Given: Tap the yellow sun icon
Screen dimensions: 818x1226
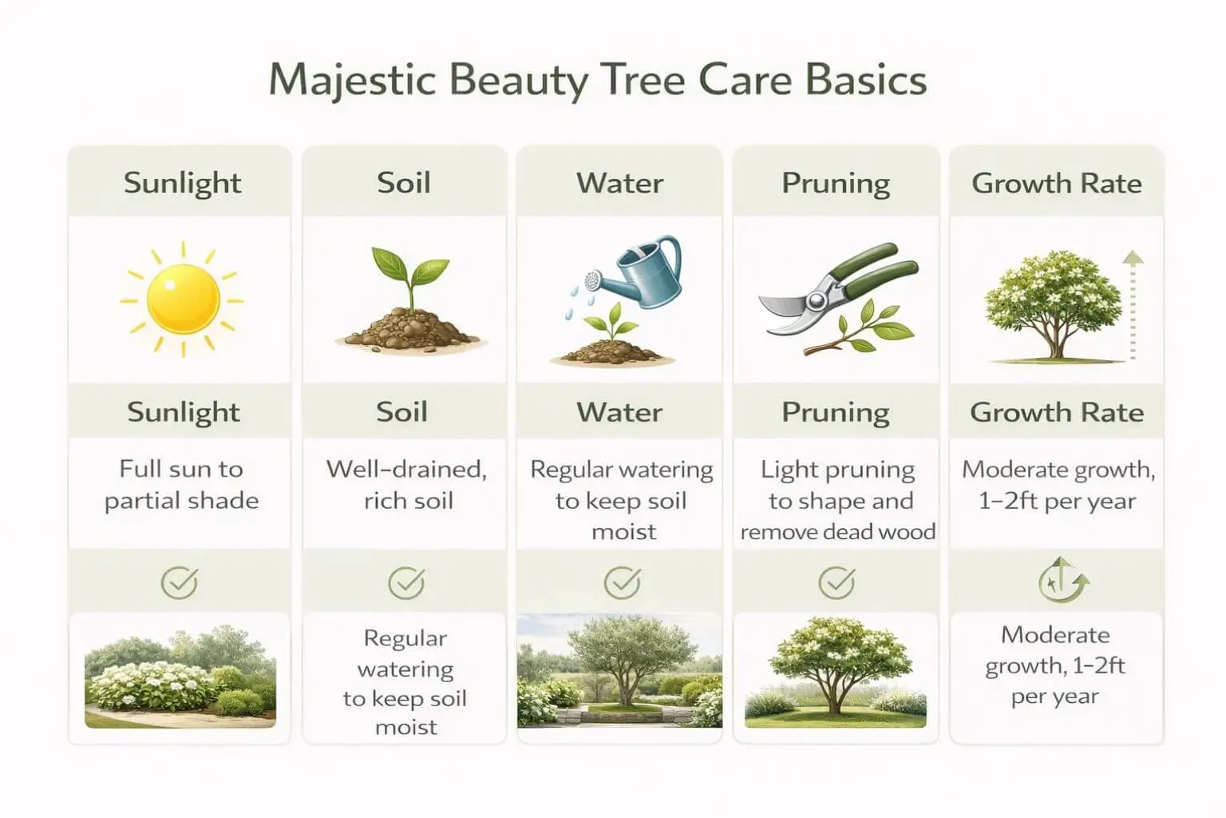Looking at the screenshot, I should [183, 300].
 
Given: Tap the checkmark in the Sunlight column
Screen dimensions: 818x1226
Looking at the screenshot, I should [180, 583].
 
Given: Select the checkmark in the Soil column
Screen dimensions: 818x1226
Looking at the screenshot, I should [406, 583].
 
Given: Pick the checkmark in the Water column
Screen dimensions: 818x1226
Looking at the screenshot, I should [622, 583].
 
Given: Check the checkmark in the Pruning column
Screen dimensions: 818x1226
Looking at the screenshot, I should [836, 583].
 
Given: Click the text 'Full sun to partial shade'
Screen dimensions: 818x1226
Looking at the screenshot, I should [182, 485].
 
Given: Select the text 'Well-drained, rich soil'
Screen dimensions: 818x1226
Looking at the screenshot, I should [407, 485].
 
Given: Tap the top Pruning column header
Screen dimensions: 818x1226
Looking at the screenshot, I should [836, 184].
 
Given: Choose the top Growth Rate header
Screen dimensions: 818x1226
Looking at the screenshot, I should [1057, 184].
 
